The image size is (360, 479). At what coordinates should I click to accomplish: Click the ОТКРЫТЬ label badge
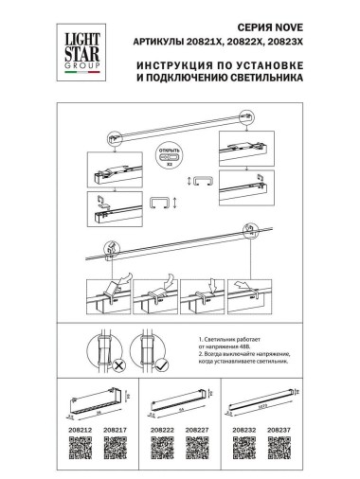(171, 150)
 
